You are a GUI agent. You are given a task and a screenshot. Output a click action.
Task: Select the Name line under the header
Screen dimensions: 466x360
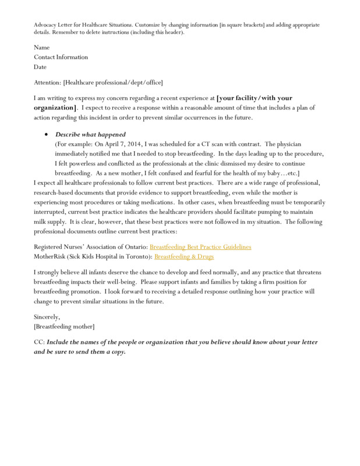[42, 48]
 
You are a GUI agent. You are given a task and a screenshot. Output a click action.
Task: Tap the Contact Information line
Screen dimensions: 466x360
[61, 57]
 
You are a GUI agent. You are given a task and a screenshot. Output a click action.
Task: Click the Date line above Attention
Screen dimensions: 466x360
[41, 66]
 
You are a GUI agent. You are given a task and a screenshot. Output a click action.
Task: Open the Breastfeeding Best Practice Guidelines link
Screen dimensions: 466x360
[200, 247]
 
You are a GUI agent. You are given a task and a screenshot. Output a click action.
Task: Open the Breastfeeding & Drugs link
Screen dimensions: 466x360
[185, 256]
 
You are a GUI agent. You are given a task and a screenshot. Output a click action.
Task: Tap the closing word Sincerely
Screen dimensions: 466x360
[47, 316]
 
